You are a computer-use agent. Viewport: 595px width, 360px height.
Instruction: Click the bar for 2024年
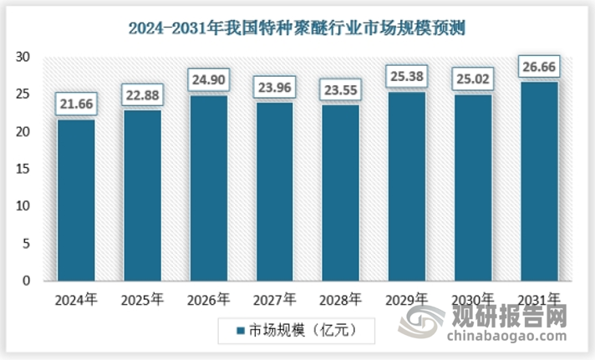point(77,200)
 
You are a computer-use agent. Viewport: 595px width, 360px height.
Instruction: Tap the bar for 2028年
point(342,193)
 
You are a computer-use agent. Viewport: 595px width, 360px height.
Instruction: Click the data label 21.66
point(77,104)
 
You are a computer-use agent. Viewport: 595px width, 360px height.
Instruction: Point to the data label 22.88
point(144,94)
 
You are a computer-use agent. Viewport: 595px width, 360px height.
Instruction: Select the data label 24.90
point(210,79)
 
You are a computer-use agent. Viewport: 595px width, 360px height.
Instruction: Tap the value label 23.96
point(276,86)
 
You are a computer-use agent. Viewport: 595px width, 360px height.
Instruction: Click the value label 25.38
point(407,76)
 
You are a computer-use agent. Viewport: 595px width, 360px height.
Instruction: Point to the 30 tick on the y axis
point(23,57)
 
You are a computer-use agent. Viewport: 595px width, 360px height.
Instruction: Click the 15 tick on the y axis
point(23,169)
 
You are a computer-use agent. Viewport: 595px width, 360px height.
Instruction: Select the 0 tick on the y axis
point(27,281)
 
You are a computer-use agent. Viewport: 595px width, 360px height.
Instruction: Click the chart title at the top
point(297,28)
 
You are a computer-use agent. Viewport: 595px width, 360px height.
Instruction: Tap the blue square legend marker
point(240,331)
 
